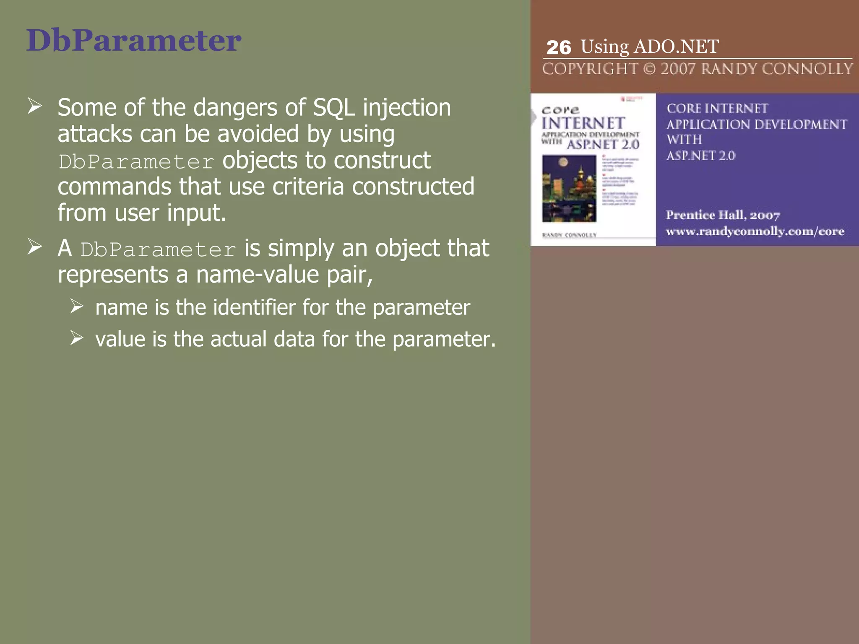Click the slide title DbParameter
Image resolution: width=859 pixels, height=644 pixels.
(133, 41)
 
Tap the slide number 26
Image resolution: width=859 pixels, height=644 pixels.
(558, 48)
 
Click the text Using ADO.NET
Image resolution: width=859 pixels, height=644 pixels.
(650, 47)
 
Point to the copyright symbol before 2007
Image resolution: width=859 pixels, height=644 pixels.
(649, 69)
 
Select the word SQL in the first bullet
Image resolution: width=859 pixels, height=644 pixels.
(334, 108)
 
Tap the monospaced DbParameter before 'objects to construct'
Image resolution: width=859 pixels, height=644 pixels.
(136, 162)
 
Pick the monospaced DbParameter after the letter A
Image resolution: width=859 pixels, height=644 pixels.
(158, 250)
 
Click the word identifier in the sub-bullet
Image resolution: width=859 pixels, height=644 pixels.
(254, 307)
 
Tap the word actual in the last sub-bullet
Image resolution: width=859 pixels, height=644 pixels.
(238, 339)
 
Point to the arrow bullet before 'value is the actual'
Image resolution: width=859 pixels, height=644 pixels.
(77, 338)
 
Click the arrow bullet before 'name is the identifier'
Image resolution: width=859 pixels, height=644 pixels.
(77, 306)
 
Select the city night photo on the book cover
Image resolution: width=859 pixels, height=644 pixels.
(569, 188)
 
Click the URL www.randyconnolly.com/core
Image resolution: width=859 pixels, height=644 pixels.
(755, 231)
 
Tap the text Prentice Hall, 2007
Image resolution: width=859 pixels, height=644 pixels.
(722, 215)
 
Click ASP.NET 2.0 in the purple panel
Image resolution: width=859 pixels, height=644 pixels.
(700, 156)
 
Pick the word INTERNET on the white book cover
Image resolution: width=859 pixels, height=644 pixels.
(583, 123)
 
